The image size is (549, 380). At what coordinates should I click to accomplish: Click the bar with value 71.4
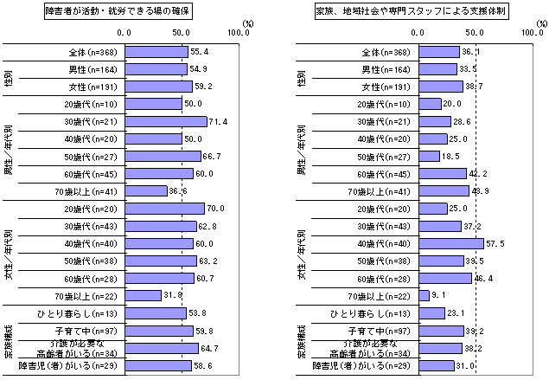[168, 121]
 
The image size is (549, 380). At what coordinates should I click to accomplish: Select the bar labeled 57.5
[450, 243]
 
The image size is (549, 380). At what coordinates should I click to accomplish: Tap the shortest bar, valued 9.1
[424, 295]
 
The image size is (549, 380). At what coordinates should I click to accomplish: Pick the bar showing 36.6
[149, 190]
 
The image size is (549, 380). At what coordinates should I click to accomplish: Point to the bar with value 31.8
[145, 295]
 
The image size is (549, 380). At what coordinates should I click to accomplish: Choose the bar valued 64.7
[164, 347]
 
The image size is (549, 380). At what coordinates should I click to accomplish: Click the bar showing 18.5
[429, 156]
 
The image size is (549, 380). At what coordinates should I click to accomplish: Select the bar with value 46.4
[444, 278]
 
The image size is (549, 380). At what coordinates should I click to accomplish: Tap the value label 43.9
[480, 190]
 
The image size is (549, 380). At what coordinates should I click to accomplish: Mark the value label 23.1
[457, 312]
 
